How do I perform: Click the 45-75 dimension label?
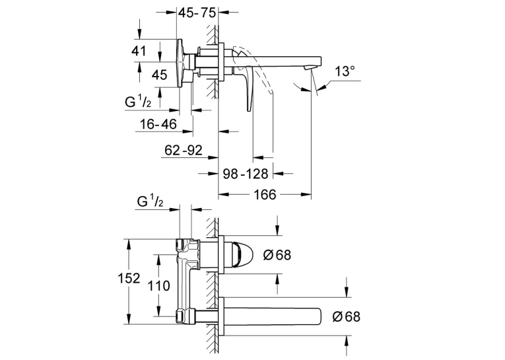point(197,13)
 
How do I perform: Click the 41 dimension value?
point(139,51)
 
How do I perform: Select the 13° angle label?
point(345,71)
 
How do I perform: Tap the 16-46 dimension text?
point(158,124)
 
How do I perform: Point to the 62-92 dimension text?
point(184,150)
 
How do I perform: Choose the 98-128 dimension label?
point(246,174)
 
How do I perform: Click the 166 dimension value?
point(265,194)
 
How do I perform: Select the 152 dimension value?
point(129,278)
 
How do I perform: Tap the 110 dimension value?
point(158,285)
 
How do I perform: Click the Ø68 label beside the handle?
point(277,255)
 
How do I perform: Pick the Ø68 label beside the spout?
point(346,316)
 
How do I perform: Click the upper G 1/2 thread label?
point(138,102)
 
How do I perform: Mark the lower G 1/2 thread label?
point(150,201)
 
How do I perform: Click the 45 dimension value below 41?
point(160,75)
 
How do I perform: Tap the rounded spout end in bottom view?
point(319,316)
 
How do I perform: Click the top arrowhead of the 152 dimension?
point(129,244)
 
